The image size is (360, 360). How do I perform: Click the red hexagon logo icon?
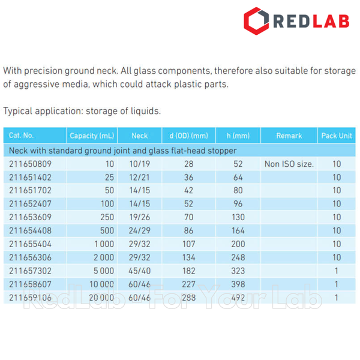(256, 20)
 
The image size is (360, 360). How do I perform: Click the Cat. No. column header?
(22, 136)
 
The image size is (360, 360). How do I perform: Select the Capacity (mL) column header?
(92, 136)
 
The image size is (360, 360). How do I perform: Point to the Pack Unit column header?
(337, 136)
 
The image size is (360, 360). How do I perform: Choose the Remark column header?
(289, 136)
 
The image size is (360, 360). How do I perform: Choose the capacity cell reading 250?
(107, 217)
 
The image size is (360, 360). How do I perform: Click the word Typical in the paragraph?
(19, 111)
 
